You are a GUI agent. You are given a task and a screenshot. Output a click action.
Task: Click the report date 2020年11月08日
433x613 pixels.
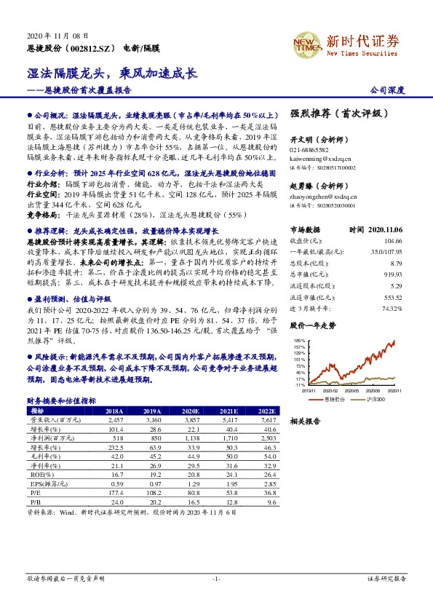tap(57, 35)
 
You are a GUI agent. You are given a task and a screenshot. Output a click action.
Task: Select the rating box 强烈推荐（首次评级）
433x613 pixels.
tap(335, 114)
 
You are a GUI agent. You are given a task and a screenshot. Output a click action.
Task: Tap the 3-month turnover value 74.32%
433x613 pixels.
tap(391, 309)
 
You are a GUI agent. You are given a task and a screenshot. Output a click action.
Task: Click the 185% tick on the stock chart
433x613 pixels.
tap(301, 340)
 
